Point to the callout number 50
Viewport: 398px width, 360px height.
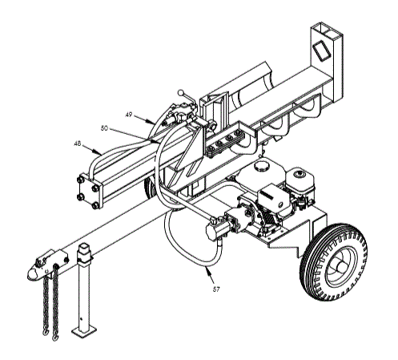tap(104, 127)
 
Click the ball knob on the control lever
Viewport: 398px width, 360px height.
tap(183, 91)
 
